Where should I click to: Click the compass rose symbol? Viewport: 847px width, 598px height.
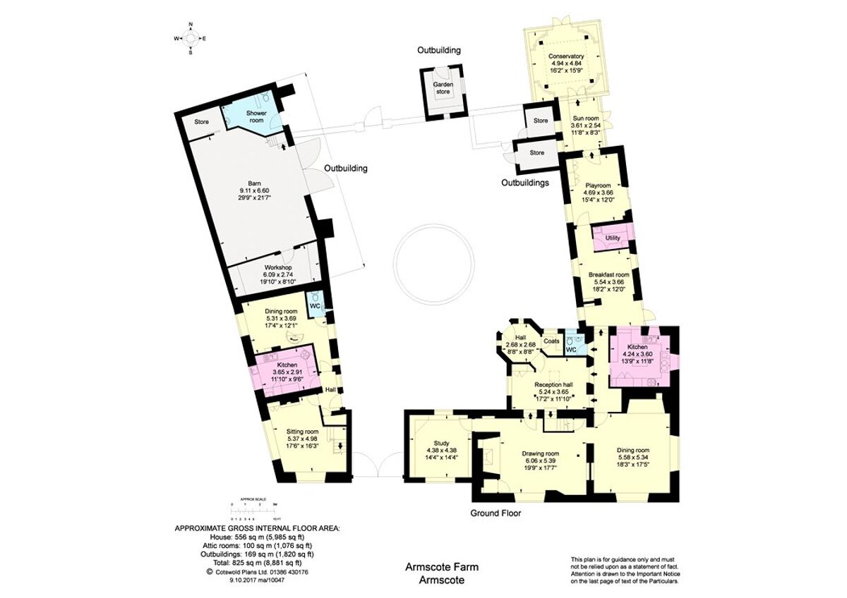click(x=191, y=38)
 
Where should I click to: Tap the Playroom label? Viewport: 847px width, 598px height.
click(x=597, y=185)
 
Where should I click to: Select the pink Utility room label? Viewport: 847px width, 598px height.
click(x=613, y=238)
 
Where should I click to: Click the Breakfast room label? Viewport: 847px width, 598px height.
click(x=608, y=274)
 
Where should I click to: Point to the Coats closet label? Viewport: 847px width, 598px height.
click(x=552, y=341)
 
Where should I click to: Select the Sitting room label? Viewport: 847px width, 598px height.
click(x=302, y=432)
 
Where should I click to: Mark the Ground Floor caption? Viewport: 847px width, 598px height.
click(x=495, y=513)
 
